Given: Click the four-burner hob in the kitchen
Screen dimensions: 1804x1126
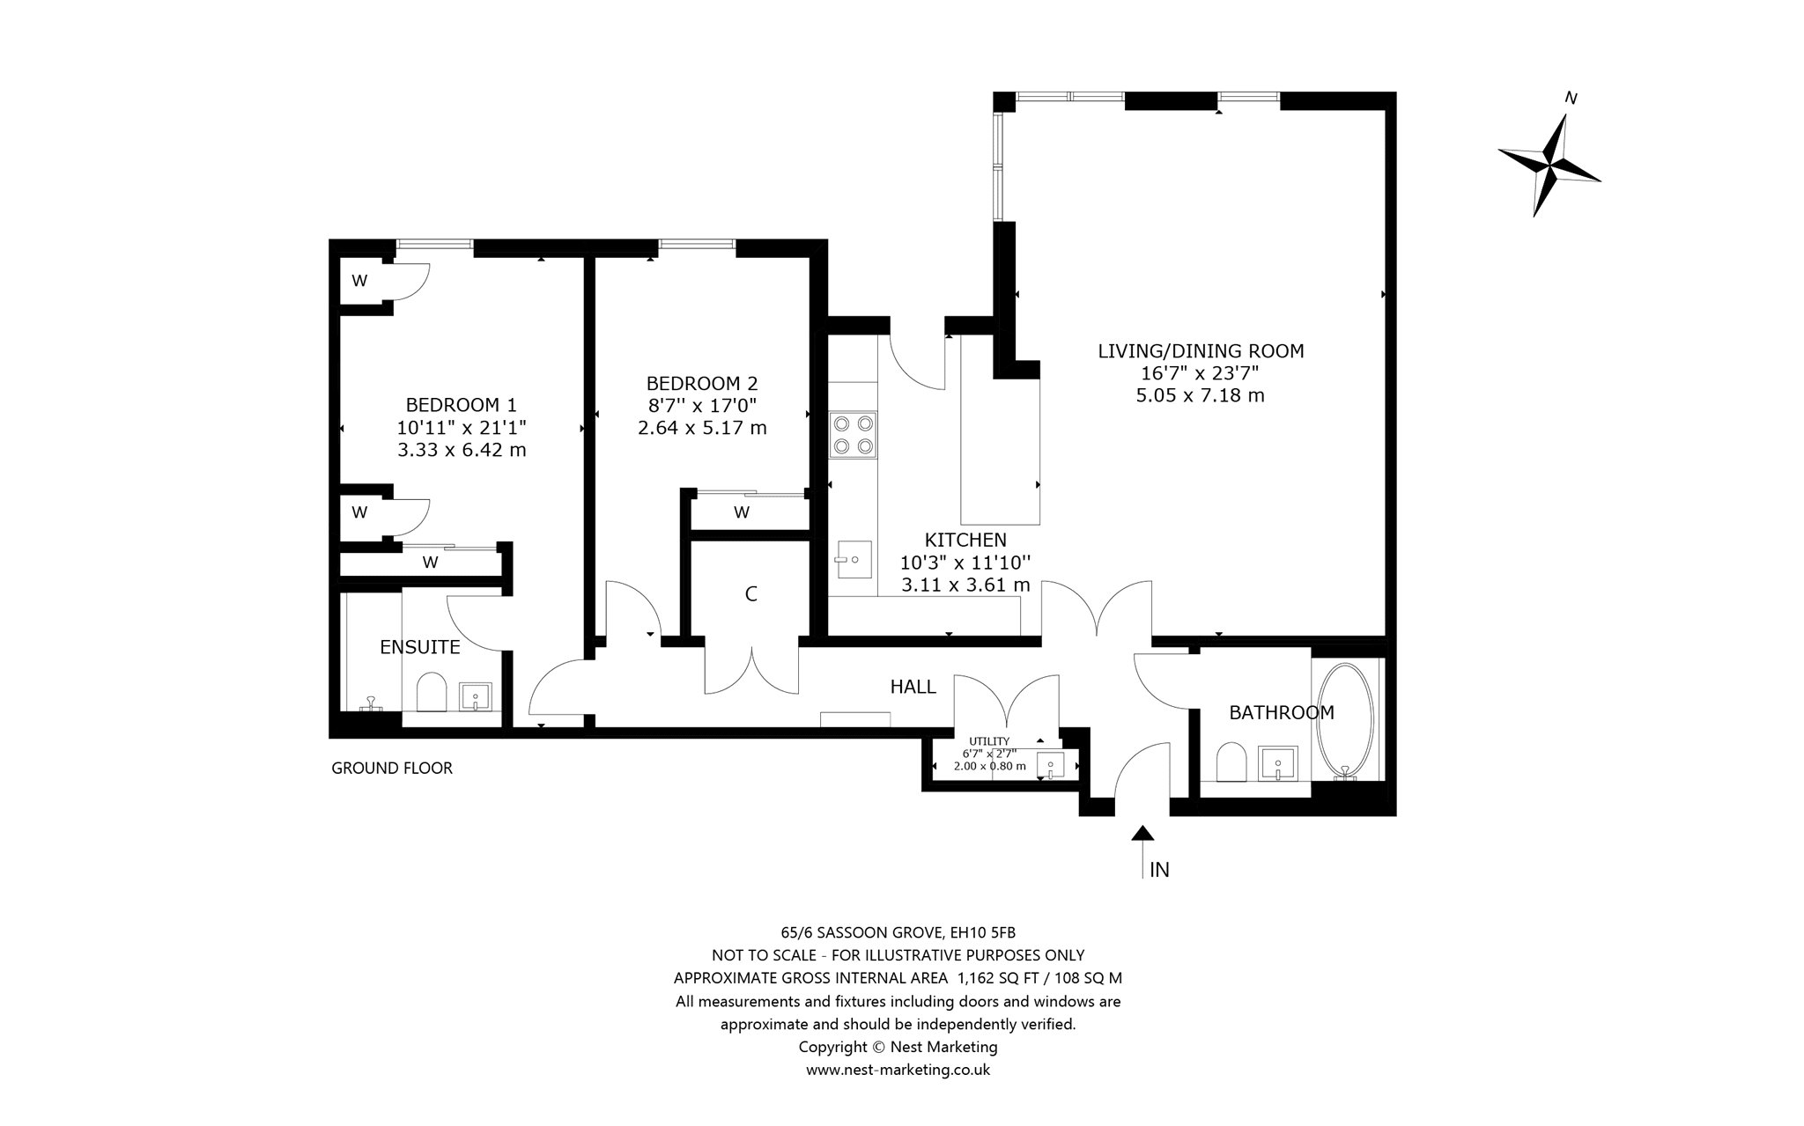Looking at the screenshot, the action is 854,435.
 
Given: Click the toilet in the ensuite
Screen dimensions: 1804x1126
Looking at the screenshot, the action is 432,693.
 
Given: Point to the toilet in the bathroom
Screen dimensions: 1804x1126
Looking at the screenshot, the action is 1231,762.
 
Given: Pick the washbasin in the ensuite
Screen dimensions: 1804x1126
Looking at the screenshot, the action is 477,697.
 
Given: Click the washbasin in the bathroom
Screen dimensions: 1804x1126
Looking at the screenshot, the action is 1278,762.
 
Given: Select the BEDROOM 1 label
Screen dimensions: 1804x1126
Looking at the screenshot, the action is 461,405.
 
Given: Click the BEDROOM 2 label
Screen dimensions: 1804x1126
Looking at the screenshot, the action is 702,383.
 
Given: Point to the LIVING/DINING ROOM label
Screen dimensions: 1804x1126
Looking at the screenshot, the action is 1201,350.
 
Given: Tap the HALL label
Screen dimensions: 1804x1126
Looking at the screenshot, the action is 913,687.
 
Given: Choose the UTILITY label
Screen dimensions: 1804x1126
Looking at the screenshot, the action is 989,741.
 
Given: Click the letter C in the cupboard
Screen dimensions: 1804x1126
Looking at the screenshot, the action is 750,594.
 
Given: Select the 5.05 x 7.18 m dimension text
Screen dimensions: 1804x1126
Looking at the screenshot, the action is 1201,395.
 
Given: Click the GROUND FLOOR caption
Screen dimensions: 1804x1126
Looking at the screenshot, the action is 392,768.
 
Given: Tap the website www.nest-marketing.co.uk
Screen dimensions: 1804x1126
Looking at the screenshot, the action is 898,1070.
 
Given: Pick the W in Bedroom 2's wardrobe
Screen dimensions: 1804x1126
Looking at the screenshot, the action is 742,512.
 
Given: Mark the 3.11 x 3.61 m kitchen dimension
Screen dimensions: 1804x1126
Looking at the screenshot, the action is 965,585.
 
